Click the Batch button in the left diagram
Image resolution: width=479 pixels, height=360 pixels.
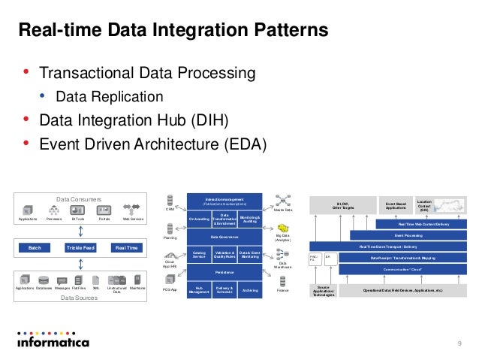35,247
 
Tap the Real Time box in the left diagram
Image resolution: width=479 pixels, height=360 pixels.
126,247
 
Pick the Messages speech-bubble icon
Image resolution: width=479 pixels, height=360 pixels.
62,279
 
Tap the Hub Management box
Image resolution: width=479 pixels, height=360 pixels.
199,290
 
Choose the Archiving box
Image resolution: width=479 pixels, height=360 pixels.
250,290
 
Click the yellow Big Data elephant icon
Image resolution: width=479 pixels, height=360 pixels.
284,228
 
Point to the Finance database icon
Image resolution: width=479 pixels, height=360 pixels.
283,281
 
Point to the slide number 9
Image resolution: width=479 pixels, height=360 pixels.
459,343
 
